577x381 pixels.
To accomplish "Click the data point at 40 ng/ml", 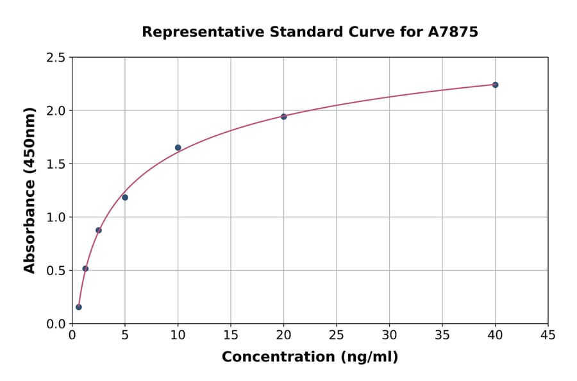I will coord(495,85).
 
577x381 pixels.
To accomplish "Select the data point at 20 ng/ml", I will coord(283,117).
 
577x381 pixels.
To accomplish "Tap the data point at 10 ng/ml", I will coord(178,148).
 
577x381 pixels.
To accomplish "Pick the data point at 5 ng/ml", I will coord(125,198).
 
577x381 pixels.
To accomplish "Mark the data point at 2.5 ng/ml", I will coord(99,230).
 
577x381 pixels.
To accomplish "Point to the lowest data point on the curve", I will coord(79,307).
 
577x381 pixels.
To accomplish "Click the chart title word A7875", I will coord(453,31).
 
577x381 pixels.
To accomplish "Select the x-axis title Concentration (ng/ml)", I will coord(310,357).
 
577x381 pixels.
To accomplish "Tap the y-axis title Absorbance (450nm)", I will coord(29,190).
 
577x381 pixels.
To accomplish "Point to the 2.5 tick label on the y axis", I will coord(56,58).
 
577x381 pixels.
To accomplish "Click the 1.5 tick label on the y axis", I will coord(56,164).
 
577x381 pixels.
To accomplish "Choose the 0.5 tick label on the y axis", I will coord(56,271).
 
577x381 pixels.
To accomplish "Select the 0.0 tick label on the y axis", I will coord(56,324).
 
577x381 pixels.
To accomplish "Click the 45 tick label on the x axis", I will coord(548,335).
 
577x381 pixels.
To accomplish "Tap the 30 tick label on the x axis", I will coord(389,335).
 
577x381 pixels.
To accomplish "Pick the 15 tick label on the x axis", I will coord(231,335).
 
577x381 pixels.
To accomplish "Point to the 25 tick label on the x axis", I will coord(337,335).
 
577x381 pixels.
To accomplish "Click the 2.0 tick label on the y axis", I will coord(56,111).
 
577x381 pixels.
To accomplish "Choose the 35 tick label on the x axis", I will coord(442,335).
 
